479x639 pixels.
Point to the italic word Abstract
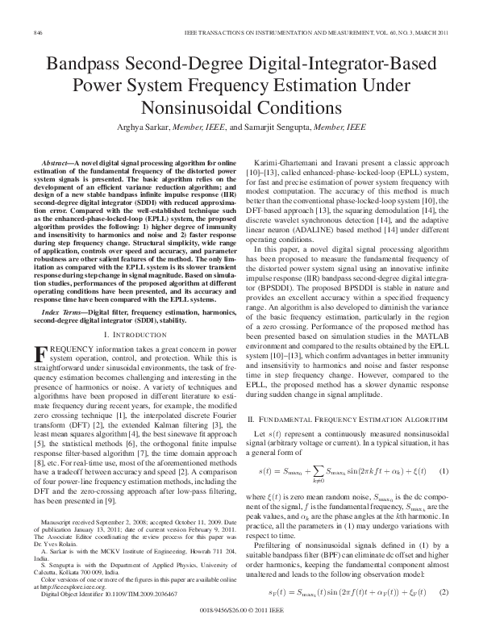click(x=60, y=163)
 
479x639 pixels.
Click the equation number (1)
click(x=443, y=470)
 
